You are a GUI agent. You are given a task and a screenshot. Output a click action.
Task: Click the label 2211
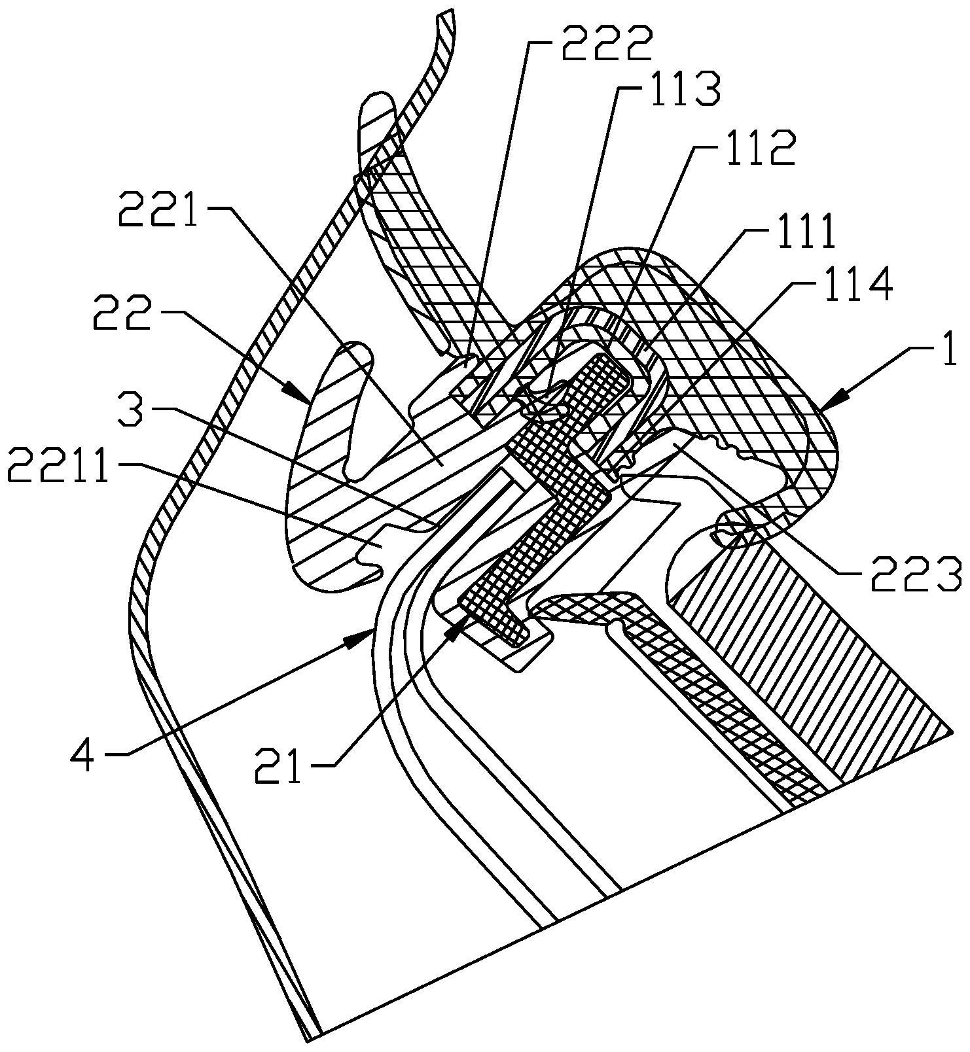click(58, 467)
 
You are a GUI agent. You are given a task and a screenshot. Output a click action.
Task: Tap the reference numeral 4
click(86, 758)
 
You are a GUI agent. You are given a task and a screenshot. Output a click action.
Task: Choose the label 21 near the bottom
click(281, 765)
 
